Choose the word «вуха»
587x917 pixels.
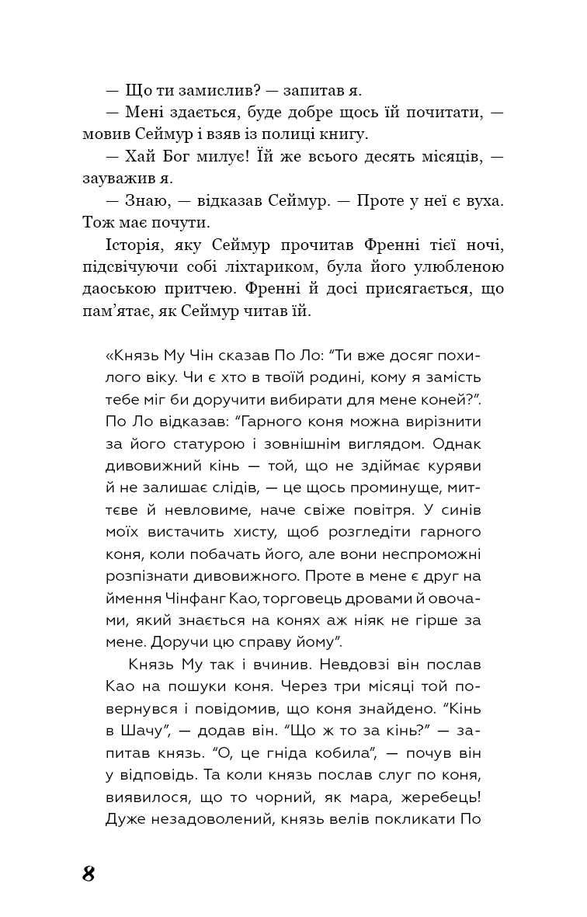[x=484, y=200]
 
